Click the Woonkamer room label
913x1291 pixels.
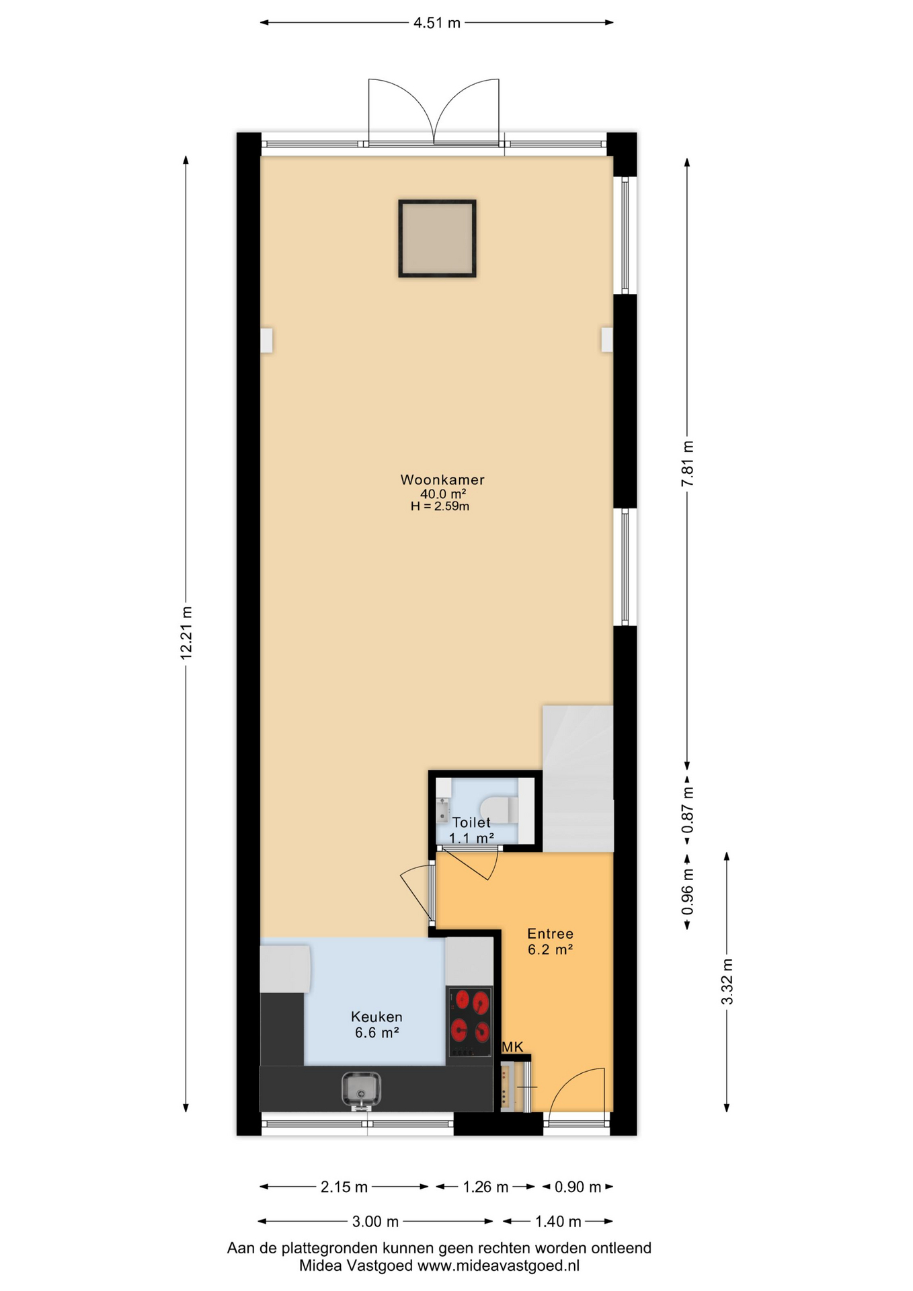(442, 480)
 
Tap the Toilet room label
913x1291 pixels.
(471, 822)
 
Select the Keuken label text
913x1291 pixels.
(376, 1017)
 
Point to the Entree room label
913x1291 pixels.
(550, 934)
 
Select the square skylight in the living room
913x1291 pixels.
(437, 238)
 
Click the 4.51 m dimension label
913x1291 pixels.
(437, 23)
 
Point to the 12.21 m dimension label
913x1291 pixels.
(186, 633)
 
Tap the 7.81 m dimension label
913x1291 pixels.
(687, 464)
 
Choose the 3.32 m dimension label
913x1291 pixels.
(727, 982)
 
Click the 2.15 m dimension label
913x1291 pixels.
(344, 1187)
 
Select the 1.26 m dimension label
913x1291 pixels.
(485, 1187)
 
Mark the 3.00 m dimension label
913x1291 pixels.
(376, 1222)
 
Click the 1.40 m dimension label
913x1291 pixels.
(557, 1222)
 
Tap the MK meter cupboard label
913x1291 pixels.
(512, 1047)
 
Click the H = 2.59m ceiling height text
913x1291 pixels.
(440, 506)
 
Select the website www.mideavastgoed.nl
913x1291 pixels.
(498, 1266)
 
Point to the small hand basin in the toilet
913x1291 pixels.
(442, 810)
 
